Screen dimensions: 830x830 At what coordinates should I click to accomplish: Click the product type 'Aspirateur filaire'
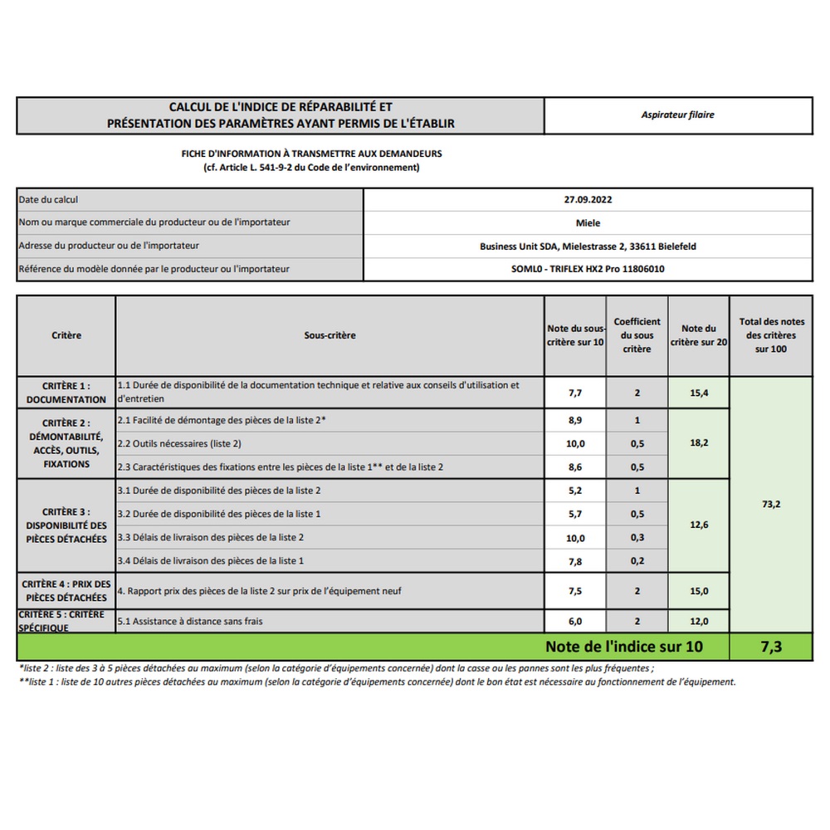pos(677,115)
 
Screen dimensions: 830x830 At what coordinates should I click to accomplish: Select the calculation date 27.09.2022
pos(588,199)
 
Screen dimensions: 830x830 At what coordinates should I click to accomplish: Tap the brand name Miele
pos(588,222)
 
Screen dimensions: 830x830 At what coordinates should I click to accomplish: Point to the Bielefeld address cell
pos(588,246)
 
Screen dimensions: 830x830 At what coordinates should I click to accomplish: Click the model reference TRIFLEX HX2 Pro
pos(588,269)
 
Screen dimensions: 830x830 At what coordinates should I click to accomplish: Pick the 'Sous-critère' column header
pos(330,335)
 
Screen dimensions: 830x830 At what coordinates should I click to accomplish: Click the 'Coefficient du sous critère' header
pos(637,335)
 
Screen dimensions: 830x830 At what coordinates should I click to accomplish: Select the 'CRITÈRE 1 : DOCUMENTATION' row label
pos(66,393)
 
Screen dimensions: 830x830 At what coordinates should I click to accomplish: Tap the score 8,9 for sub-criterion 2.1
pos(575,421)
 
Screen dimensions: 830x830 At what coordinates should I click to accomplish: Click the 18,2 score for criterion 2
pos(699,443)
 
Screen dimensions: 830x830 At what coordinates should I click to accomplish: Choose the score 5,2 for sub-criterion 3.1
pos(575,491)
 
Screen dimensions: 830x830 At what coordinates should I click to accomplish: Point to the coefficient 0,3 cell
pos(637,538)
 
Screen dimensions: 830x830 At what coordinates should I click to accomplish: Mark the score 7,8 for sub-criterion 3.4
pos(575,561)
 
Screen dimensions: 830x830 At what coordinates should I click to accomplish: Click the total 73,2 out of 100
pos(771,504)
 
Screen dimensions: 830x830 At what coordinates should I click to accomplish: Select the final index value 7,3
pos(771,647)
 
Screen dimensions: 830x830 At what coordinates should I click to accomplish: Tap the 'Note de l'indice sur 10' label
pos(623,647)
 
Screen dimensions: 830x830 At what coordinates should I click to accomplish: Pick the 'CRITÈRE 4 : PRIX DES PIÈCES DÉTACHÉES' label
pos(66,591)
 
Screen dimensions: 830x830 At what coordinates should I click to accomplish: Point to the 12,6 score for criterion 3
pos(699,525)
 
